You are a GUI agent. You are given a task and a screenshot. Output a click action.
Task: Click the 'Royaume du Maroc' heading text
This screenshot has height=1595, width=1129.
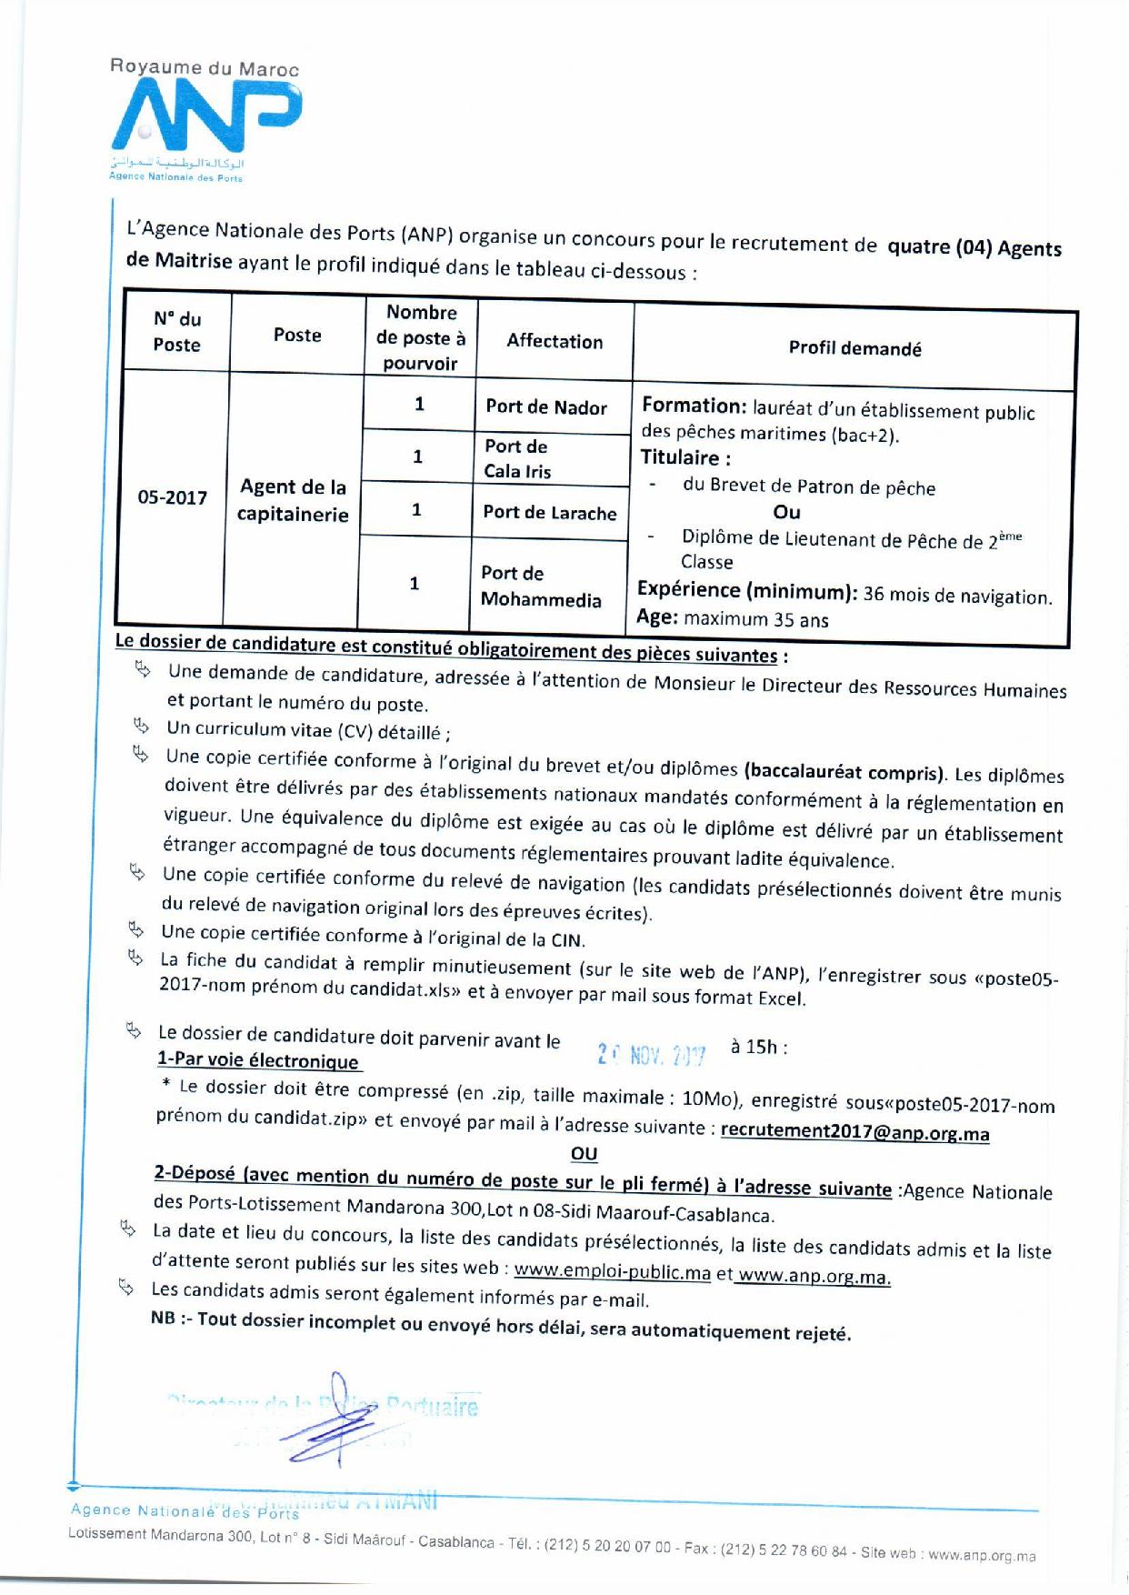coord(204,67)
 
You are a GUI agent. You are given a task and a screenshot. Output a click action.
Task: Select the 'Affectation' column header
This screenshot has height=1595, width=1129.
coord(555,341)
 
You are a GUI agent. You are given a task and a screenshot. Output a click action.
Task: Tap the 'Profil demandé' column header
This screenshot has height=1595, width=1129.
coord(854,348)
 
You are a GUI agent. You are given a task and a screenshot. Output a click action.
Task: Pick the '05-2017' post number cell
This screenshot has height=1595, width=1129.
coord(173,497)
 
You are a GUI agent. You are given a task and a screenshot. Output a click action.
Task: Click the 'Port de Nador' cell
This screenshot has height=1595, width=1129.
coord(546,406)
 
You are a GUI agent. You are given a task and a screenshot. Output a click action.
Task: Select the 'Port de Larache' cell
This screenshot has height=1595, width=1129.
coord(550,512)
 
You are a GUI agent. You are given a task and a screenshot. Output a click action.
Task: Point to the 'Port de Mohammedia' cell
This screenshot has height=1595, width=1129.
coord(541,587)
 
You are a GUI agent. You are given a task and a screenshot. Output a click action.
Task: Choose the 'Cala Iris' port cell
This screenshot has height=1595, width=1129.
coord(517,458)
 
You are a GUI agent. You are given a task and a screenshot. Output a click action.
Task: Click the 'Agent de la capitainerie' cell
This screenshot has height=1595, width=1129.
coord(293,500)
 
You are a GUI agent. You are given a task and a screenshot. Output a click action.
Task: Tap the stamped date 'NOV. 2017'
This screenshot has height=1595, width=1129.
coord(652,1055)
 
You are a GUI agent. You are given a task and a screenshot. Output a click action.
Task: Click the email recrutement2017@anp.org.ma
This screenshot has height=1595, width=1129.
coord(854,1133)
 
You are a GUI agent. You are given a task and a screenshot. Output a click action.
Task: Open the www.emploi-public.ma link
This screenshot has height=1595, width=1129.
coord(613,1271)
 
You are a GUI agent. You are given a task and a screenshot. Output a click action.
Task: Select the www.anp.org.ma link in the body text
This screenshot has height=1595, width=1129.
coord(814,1276)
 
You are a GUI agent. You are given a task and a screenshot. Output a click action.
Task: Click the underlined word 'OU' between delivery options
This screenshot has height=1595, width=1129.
coord(584,1154)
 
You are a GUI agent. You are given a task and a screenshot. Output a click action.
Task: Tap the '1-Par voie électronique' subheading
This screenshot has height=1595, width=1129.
coord(258,1060)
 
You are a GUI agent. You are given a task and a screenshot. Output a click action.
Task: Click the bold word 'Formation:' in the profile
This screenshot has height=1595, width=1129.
coord(694,406)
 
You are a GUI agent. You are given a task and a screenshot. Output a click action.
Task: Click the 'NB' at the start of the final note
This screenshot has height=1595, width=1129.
coord(164,1318)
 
